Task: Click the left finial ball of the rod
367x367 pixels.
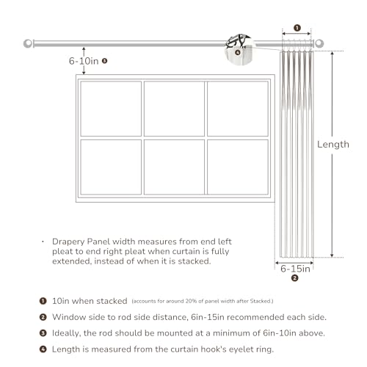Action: click(x=28, y=43)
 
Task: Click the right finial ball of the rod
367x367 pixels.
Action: click(x=319, y=43)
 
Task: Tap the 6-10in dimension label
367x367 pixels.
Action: click(x=84, y=61)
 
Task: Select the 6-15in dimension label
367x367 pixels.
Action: click(x=295, y=269)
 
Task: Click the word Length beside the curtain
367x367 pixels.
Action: click(x=333, y=145)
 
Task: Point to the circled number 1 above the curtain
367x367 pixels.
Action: click(x=297, y=28)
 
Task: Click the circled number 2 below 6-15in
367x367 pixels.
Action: click(x=295, y=278)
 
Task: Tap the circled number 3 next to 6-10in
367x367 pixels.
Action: click(x=105, y=61)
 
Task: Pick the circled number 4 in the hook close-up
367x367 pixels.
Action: click(x=238, y=52)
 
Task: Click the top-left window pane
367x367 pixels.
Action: click(x=111, y=109)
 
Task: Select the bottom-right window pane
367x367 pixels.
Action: click(x=238, y=167)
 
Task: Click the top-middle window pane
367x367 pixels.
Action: click(x=174, y=109)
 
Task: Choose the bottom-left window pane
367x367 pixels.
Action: click(x=111, y=167)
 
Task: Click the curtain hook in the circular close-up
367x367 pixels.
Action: click(x=236, y=41)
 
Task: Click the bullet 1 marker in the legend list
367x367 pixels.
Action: click(x=43, y=301)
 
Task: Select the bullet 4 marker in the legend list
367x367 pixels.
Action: click(x=43, y=349)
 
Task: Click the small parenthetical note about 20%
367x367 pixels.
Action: click(x=203, y=301)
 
